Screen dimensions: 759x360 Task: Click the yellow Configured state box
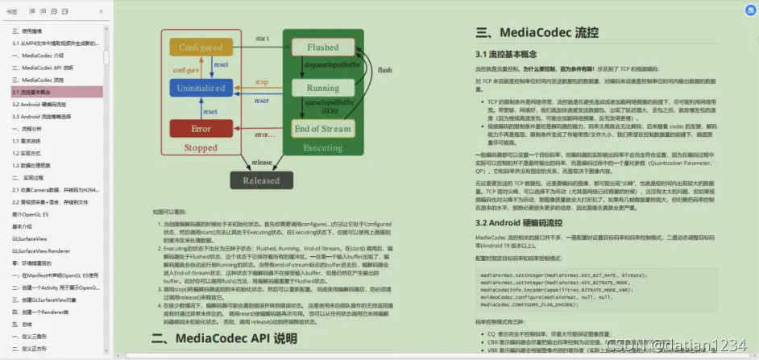(x=201, y=47)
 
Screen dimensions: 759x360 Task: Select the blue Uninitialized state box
(x=201, y=87)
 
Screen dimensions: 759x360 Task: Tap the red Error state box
(x=201, y=128)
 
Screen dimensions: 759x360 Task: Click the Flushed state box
(x=322, y=48)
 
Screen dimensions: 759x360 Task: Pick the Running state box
(x=322, y=88)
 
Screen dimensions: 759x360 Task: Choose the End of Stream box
(x=322, y=128)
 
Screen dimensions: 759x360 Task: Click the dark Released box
(x=261, y=180)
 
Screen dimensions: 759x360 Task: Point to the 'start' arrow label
(x=263, y=39)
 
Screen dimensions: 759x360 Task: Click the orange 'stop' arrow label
(x=263, y=82)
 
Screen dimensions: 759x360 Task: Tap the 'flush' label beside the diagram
(x=384, y=70)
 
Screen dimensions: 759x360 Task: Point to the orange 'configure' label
(x=186, y=70)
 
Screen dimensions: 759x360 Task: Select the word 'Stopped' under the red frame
(x=201, y=148)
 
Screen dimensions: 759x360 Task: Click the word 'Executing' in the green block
(x=322, y=148)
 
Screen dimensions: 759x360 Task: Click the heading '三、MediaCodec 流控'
(x=537, y=33)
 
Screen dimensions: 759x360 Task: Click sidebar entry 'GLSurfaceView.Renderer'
(x=41, y=250)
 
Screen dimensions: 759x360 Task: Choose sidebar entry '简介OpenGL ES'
(x=31, y=215)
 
